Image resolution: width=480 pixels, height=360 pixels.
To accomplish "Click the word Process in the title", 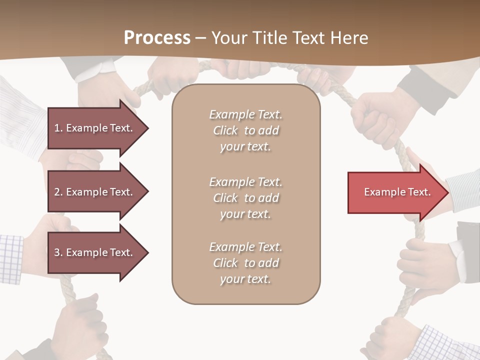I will (x=157, y=38).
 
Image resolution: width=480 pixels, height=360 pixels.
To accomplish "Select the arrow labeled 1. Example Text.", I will (x=95, y=128).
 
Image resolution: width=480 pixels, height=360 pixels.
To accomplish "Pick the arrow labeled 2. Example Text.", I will (x=95, y=192).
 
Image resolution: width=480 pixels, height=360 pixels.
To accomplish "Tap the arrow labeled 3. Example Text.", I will (x=95, y=252).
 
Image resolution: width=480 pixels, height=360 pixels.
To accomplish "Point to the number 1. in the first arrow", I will (x=58, y=128).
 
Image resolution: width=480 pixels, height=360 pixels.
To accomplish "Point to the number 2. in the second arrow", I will (x=58, y=192).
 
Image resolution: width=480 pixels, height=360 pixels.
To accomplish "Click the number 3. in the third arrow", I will (x=58, y=252).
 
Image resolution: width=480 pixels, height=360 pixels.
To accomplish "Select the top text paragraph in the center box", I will (x=246, y=130).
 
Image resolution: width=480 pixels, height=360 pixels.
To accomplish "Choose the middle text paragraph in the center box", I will (x=246, y=198).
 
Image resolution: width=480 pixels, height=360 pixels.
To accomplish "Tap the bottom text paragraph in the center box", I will (x=246, y=263).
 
